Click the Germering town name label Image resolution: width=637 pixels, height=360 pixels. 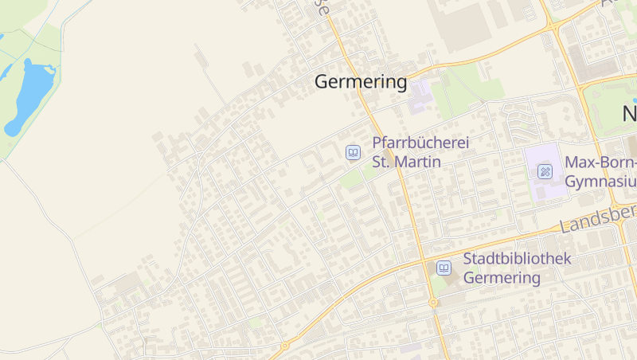pos(361,82)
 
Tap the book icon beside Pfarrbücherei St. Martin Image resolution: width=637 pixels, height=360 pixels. pos(353,152)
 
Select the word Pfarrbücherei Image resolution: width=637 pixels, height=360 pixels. pos(420,143)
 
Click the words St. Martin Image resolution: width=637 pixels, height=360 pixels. pos(406,162)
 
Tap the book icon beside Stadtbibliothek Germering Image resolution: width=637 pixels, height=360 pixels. pos(444,268)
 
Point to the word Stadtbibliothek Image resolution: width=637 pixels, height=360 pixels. pos(518,260)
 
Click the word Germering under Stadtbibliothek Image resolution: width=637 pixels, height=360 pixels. pos(502,278)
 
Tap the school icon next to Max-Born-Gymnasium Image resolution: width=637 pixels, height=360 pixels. pos(545,171)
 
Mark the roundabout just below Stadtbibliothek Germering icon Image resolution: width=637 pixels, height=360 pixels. pos(432,303)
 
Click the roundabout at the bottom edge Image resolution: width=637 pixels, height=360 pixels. pos(284,346)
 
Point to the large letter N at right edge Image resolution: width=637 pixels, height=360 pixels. pos(629,114)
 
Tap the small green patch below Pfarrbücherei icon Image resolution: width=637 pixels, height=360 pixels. pos(351,179)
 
